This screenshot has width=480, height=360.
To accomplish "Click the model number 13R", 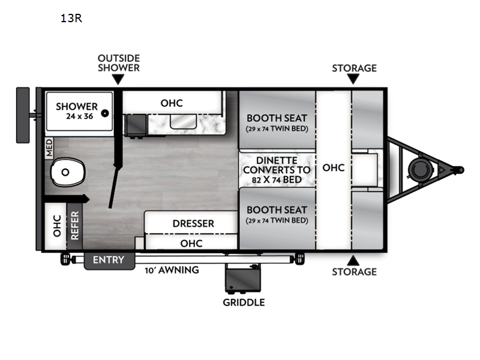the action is (x=71, y=19).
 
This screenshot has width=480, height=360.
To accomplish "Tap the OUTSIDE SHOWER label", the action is (x=119, y=63).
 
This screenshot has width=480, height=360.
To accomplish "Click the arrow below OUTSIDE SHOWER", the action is (x=118, y=80).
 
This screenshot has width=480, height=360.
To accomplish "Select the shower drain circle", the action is (x=104, y=113).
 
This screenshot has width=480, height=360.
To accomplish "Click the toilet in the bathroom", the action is (x=67, y=172).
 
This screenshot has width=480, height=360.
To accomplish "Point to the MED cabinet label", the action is (x=49, y=148).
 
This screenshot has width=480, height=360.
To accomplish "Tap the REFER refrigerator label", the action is (x=74, y=226).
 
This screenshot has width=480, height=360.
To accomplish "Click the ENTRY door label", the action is (x=109, y=260).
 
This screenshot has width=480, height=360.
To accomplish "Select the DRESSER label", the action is (x=193, y=223).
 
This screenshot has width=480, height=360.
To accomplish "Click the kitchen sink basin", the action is (x=183, y=122).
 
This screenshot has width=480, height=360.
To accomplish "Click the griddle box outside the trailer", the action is (x=243, y=277).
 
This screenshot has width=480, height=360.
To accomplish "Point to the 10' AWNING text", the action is (x=172, y=270).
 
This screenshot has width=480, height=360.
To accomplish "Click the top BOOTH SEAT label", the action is (x=277, y=118).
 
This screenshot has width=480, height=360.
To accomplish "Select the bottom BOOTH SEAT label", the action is (x=277, y=210).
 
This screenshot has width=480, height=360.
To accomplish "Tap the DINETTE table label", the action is (x=277, y=160).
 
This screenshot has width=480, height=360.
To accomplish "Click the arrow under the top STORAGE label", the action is (x=353, y=79).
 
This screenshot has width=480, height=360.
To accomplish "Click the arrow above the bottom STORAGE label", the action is (x=353, y=260).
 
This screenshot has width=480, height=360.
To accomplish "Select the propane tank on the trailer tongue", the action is (x=421, y=170).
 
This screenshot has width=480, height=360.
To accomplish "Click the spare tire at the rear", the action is (x=23, y=115).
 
